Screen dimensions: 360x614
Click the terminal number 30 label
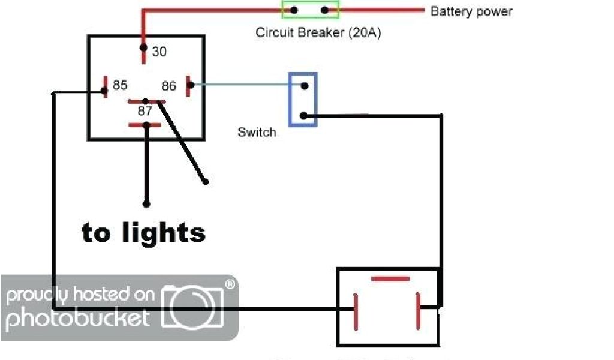(x=159, y=52)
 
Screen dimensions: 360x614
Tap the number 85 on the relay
(x=120, y=85)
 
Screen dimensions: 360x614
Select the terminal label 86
(x=169, y=86)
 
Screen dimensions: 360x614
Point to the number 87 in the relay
(x=145, y=111)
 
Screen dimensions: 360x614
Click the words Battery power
(x=471, y=11)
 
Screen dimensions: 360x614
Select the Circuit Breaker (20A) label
(x=318, y=32)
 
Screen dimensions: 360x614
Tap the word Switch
(x=257, y=132)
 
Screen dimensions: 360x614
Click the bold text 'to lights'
(x=143, y=232)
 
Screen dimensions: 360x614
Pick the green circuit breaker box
(x=310, y=10)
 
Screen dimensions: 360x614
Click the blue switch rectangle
(x=303, y=99)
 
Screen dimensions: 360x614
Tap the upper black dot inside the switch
(x=305, y=86)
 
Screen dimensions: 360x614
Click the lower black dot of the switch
(x=304, y=116)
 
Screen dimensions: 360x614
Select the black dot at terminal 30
(x=143, y=47)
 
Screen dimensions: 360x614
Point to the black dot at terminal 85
(x=104, y=91)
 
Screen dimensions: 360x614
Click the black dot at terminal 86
(x=191, y=85)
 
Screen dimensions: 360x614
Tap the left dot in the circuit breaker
(x=294, y=10)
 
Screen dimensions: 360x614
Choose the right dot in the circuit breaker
(x=325, y=10)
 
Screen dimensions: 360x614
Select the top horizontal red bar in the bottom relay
(x=390, y=279)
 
